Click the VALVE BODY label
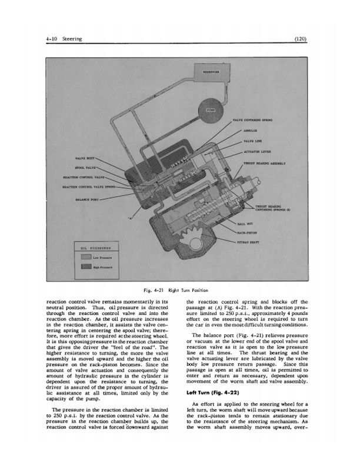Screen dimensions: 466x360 tap(81, 158)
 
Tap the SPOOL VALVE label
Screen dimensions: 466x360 tap(81, 167)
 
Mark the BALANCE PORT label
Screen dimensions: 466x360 tap(86, 199)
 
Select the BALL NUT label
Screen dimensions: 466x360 tap(263, 224)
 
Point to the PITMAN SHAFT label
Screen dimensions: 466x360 tap(265, 241)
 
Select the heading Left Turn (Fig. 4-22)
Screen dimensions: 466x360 tap(211, 391)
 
